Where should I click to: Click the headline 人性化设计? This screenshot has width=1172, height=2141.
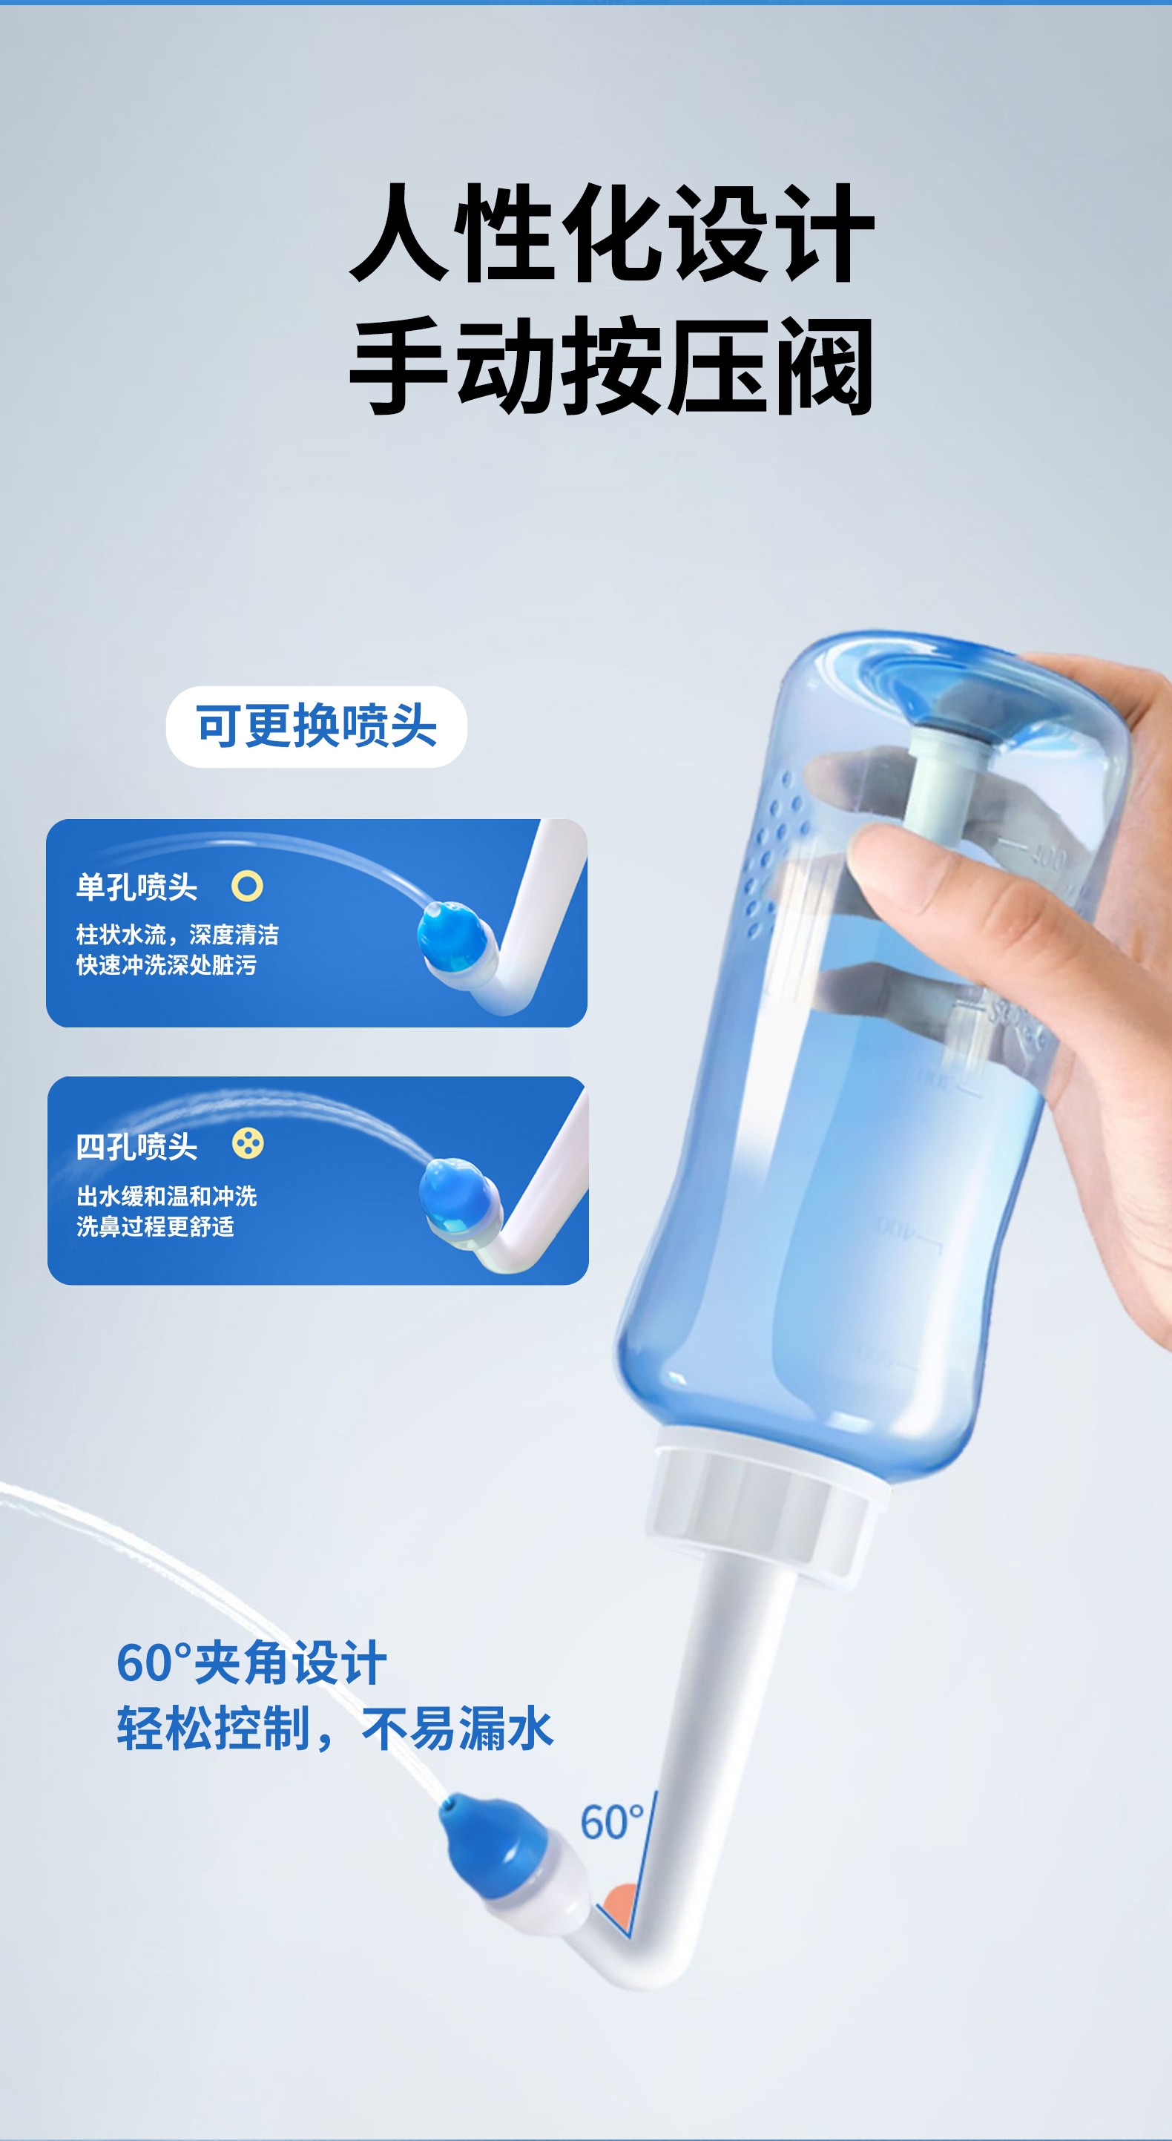(x=612, y=234)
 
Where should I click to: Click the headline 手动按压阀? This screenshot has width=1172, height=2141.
(x=612, y=366)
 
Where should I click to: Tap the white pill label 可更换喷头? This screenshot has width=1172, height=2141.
(x=317, y=726)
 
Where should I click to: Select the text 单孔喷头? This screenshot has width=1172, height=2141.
(x=137, y=887)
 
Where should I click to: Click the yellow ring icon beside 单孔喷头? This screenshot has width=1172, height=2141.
(x=247, y=886)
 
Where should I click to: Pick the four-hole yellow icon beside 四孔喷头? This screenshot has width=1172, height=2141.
(x=248, y=1144)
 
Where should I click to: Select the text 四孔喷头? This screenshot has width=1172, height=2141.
(x=137, y=1147)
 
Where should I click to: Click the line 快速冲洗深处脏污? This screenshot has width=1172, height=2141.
(x=166, y=965)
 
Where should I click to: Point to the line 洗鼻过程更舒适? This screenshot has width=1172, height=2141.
(x=156, y=1226)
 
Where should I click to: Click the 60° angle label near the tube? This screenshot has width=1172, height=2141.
(x=612, y=1822)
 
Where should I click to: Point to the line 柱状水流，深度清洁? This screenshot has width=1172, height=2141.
(x=178, y=935)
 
